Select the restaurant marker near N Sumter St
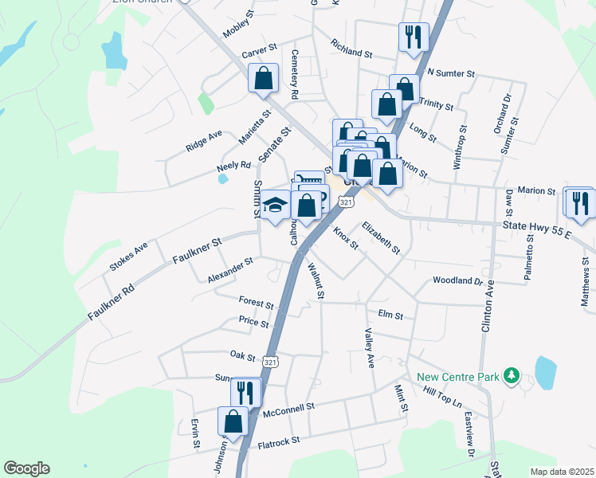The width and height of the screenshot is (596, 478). pyautogui.click(x=414, y=37)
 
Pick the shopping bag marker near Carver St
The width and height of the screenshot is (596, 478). pyautogui.click(x=264, y=79)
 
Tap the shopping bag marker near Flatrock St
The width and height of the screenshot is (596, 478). pyautogui.click(x=233, y=421)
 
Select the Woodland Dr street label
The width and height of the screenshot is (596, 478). pyautogui.click(x=458, y=281)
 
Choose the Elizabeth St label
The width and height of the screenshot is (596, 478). pyautogui.click(x=381, y=237)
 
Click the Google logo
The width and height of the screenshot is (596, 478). pyautogui.click(x=26, y=468)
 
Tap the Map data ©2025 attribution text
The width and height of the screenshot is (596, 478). pyautogui.click(x=561, y=472)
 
